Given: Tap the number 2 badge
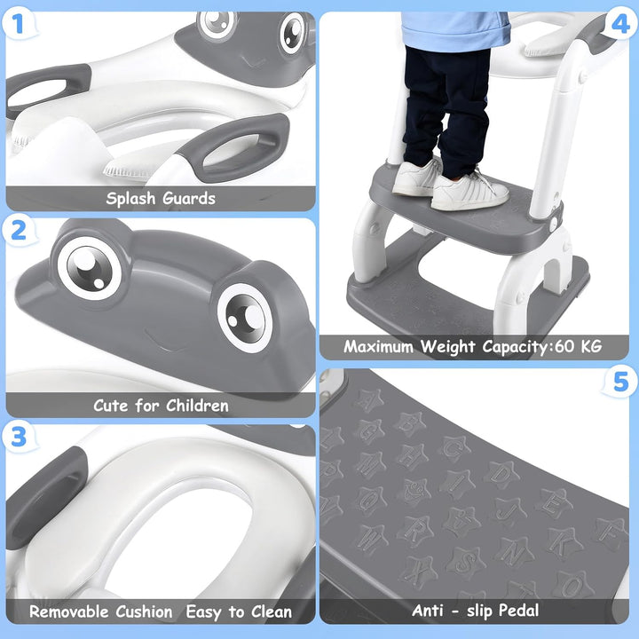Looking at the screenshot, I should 20,231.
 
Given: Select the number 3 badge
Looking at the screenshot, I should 20,437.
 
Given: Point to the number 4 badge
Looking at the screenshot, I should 619,24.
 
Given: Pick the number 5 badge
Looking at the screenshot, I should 619,383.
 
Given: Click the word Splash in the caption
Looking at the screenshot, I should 131,198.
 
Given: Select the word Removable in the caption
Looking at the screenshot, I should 72,611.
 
